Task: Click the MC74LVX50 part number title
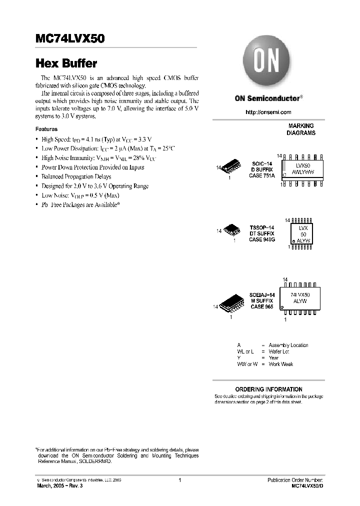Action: (70, 39)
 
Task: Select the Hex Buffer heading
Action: (66, 64)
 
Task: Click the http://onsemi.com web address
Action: (268, 112)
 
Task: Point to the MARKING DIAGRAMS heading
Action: (300, 129)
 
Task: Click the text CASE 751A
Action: (262, 176)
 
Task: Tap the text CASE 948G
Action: (261, 239)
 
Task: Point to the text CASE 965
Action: (262, 306)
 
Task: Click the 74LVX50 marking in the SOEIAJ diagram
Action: (300, 295)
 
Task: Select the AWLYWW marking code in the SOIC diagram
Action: (303, 171)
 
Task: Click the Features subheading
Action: (46, 129)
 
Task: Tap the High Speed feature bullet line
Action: (96, 139)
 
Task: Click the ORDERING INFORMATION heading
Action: (268, 389)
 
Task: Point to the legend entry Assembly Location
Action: (288, 345)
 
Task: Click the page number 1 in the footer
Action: (179, 480)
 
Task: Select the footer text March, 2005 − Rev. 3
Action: (60, 486)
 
